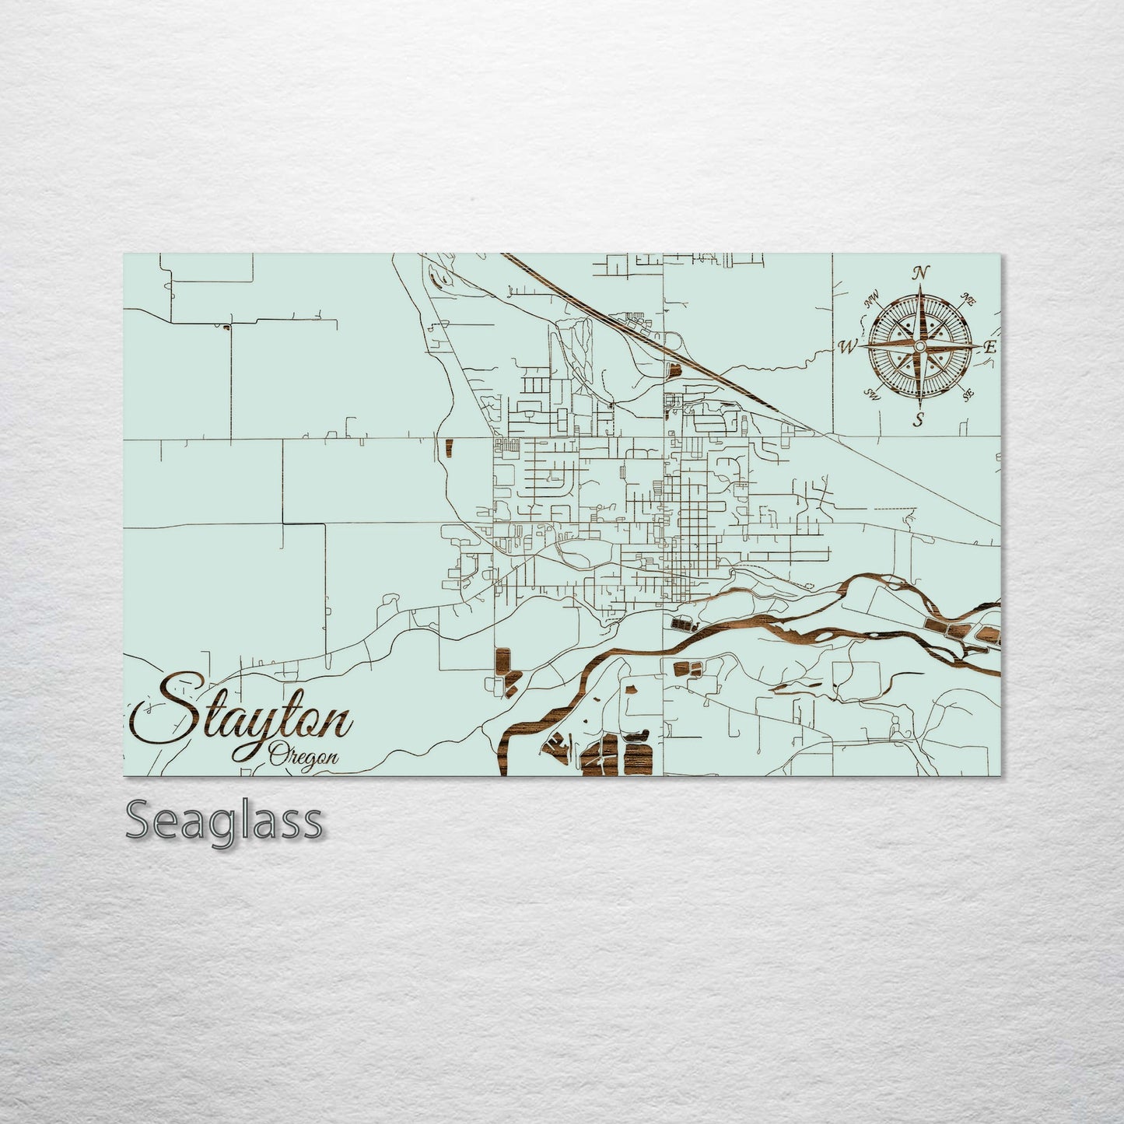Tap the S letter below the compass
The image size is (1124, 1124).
[x=919, y=420]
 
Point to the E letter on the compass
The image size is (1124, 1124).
[x=989, y=348]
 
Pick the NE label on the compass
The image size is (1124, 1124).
[x=969, y=298]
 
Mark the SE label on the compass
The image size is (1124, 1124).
[x=968, y=394]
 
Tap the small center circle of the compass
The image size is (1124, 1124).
[x=920, y=345]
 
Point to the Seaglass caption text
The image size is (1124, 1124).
[x=224, y=821]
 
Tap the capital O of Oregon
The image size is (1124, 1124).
[x=277, y=755]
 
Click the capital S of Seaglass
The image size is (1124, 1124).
[x=138, y=821]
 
